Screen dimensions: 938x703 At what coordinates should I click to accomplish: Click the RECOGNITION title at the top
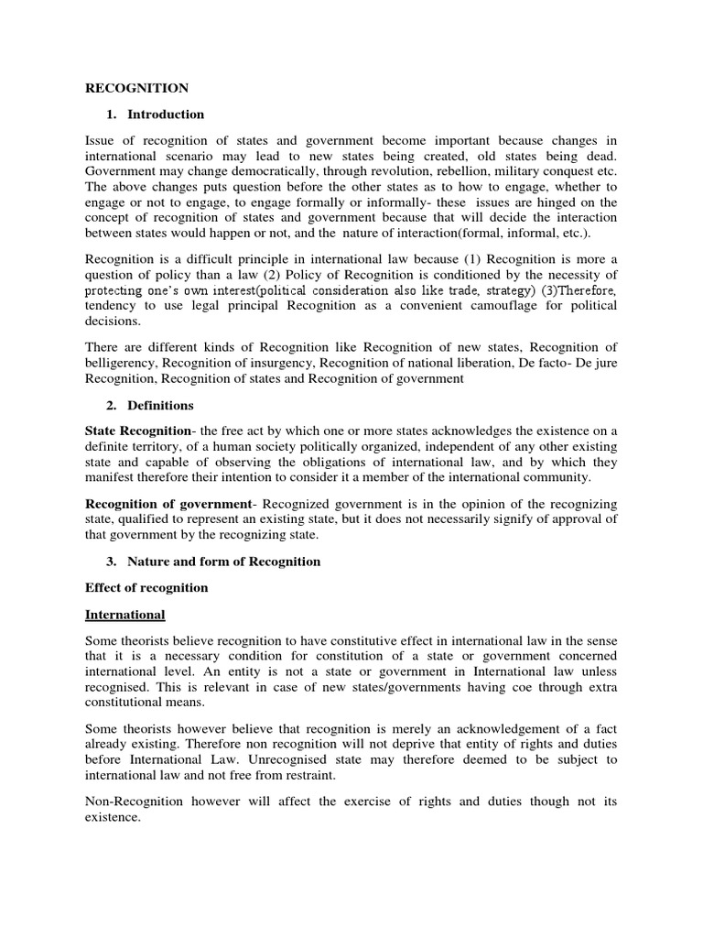136,88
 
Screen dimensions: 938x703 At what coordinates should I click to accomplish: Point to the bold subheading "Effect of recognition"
146,587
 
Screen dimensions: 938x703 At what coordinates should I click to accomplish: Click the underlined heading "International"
125,614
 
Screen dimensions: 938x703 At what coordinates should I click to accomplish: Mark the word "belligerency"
126,365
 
